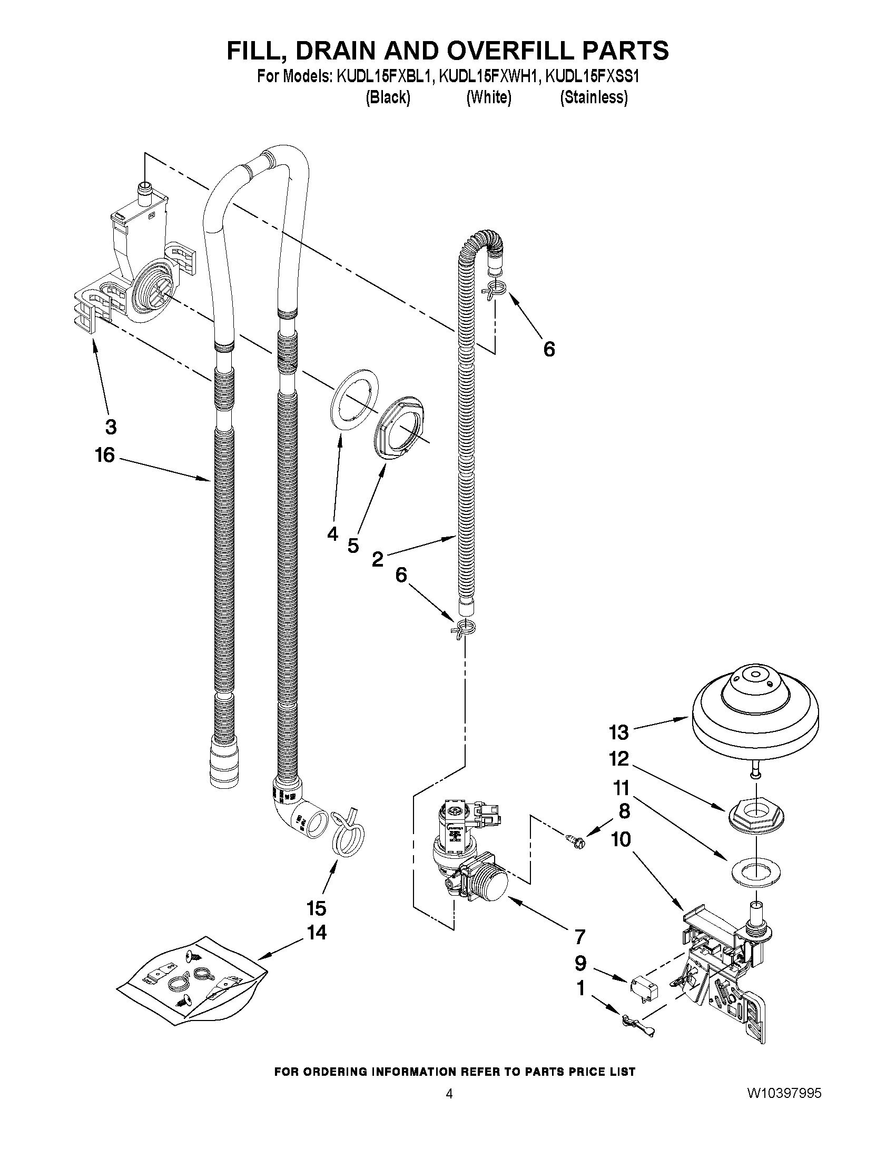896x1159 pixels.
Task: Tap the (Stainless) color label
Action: pyautogui.click(x=594, y=97)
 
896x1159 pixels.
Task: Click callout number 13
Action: pyautogui.click(x=618, y=733)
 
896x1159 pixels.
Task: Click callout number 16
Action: pyautogui.click(x=105, y=455)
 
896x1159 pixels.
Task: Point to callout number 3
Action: pyautogui.click(x=111, y=427)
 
